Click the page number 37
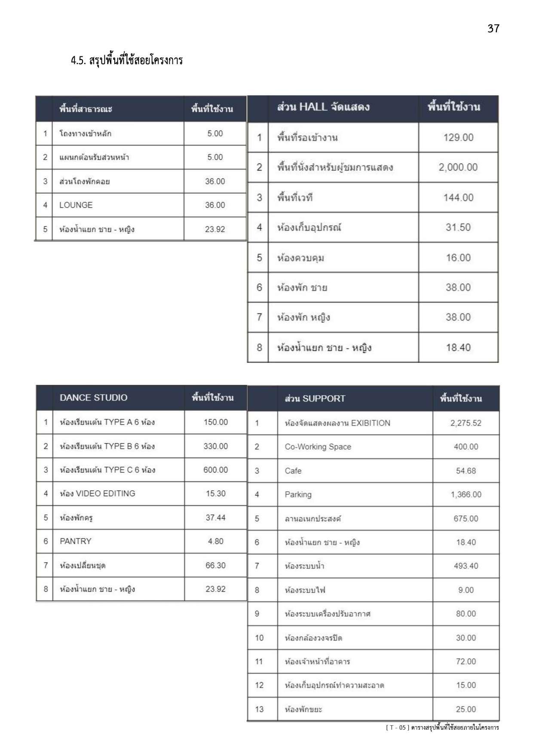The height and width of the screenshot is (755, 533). click(493, 28)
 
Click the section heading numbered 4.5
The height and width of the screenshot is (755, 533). click(127, 60)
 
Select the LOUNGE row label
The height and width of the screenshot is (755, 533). click(76, 205)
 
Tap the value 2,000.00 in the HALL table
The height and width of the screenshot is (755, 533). click(458, 167)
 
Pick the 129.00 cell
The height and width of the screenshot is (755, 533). click(458, 138)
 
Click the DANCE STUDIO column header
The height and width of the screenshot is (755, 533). click(93, 398)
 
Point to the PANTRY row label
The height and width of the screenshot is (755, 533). click(76, 541)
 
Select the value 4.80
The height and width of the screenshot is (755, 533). click(215, 541)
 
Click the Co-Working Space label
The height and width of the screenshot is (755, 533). click(318, 447)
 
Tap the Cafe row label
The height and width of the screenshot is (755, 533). click(293, 471)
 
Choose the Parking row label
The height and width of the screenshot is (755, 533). click(298, 495)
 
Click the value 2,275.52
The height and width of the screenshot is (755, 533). click(466, 423)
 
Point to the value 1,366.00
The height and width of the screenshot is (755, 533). click(466, 495)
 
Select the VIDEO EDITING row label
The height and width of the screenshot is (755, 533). click(98, 494)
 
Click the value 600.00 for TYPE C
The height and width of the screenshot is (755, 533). click(215, 470)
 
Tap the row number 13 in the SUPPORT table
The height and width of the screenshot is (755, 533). click(259, 709)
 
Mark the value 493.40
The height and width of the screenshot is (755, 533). click(466, 566)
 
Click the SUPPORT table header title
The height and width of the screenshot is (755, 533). click(315, 399)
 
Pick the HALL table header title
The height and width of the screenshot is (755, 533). click(323, 107)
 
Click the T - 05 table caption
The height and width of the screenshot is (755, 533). click(442, 727)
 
